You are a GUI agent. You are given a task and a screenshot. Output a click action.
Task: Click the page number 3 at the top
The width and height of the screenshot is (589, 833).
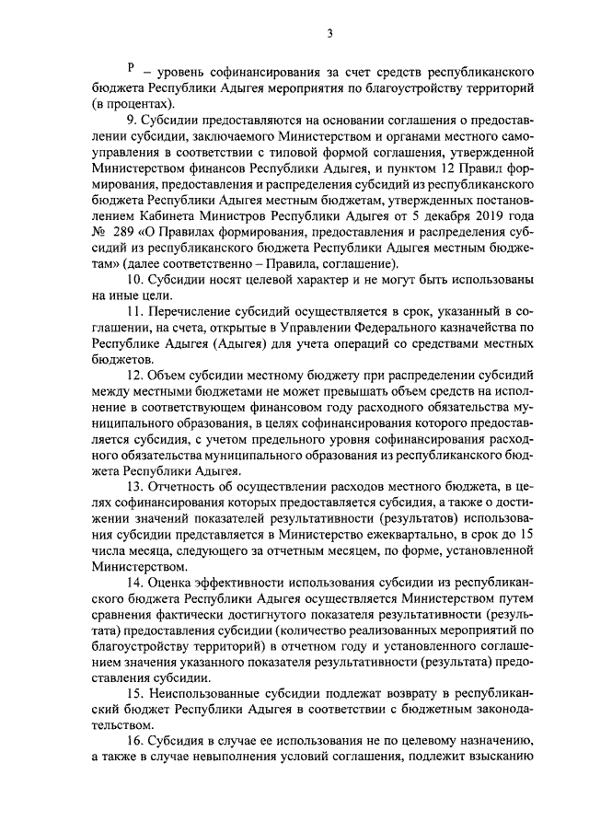(x=329, y=35)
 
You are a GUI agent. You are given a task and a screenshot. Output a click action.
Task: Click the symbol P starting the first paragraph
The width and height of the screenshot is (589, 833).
(x=132, y=69)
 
